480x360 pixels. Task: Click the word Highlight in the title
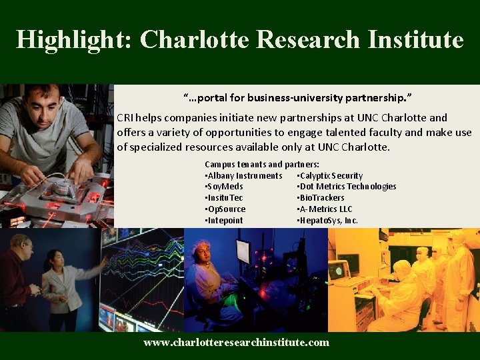[x=74, y=40]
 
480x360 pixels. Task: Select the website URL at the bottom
[x=237, y=342]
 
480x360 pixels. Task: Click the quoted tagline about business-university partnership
[x=298, y=98]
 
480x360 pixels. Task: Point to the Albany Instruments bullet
[x=244, y=175]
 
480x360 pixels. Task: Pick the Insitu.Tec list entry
[x=224, y=198]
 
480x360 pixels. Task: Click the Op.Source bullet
[x=225, y=209]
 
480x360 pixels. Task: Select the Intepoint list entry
[x=224, y=221]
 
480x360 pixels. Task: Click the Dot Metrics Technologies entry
[x=347, y=187]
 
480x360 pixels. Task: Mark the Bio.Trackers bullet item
[x=321, y=198]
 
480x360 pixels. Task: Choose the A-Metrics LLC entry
[x=325, y=209]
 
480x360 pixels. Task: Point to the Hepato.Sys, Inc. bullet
[x=327, y=221]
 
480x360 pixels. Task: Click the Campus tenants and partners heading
[x=262, y=164]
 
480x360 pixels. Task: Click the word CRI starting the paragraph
[x=125, y=117]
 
